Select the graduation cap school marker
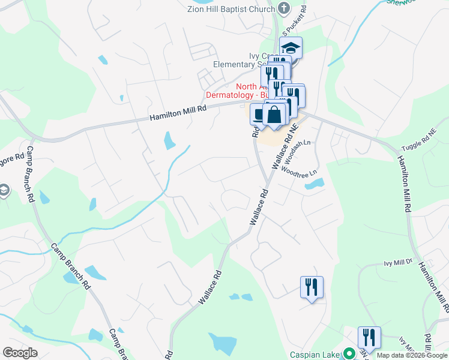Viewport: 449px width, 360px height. pos(291,47)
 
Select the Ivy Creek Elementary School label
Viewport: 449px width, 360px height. pos(240,61)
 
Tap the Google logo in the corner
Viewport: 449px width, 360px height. pos(20,352)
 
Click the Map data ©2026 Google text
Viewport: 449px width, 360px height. pos(412,355)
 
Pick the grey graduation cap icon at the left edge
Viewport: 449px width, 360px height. pos(4,191)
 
